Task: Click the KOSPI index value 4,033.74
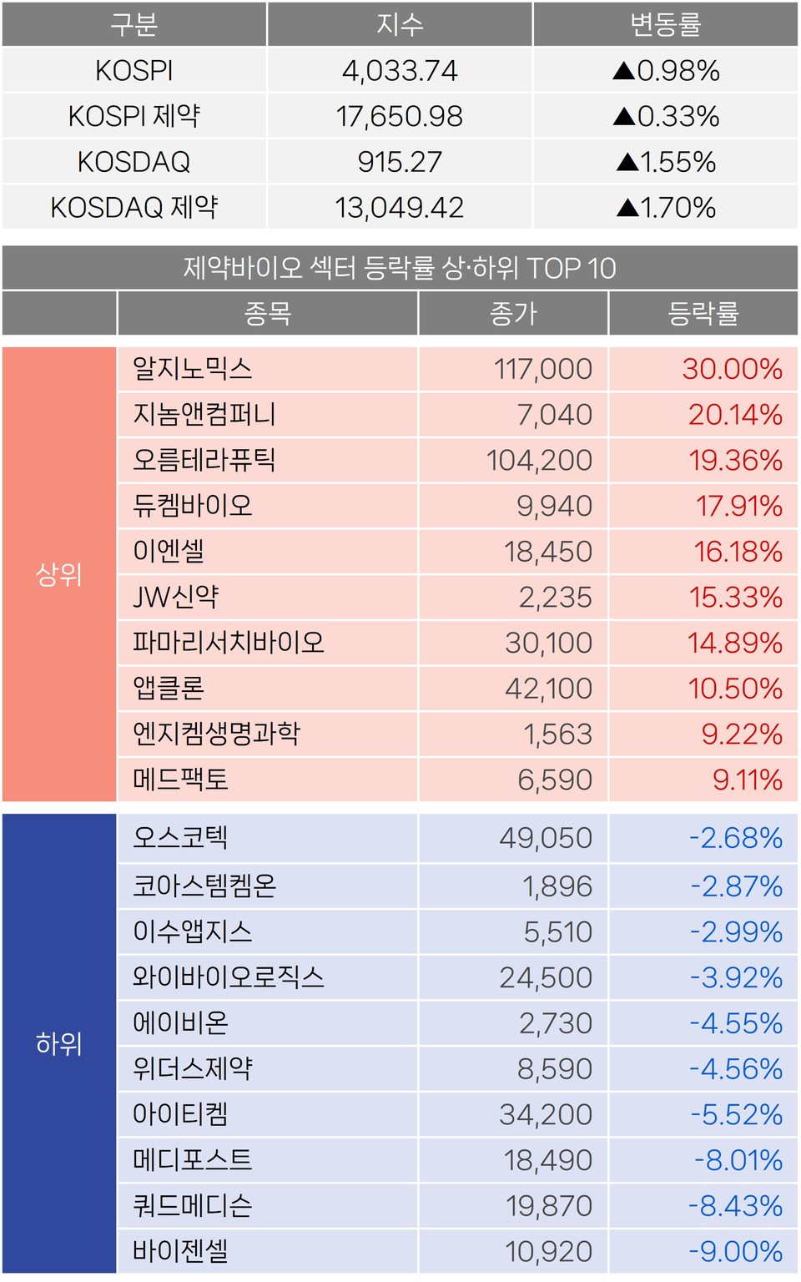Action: pos(400,71)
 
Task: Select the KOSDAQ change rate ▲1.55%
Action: pos(666,162)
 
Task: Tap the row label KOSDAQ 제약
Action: pos(134,207)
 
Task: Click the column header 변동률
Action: pos(666,24)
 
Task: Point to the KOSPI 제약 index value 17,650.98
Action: pos(400,116)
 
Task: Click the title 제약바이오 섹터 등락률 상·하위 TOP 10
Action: pos(400,268)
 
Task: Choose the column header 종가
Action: pos(513,314)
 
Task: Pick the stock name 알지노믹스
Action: pos(193,369)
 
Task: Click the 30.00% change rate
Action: pos(732,369)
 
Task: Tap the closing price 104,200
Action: pos(539,460)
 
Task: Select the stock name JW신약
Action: pos(176,597)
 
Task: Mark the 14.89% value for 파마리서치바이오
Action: pos(734,643)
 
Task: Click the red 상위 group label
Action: pos(59,574)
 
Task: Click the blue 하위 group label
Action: pos(59,1043)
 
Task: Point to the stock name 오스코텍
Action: pos(180,837)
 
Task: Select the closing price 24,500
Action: pos(546,977)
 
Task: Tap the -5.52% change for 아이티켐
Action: pos(736,1114)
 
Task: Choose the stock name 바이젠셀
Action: pos(180,1251)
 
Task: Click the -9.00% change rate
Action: pos(735,1251)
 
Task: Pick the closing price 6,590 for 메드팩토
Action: pos(555,780)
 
